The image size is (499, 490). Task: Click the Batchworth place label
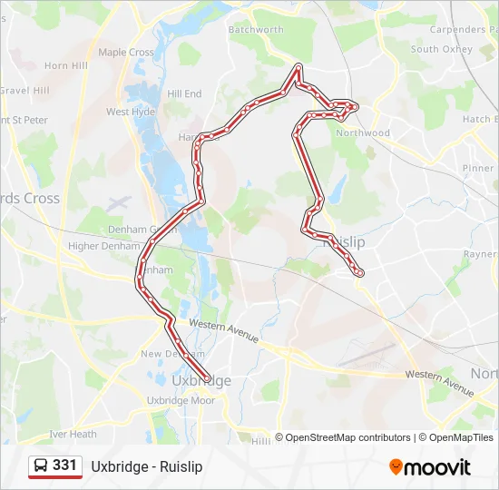tap(256, 29)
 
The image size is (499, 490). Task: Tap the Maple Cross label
tap(126, 53)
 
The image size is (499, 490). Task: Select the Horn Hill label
tap(65, 66)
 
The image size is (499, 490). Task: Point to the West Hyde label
tap(131, 112)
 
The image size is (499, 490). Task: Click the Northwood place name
tap(363, 132)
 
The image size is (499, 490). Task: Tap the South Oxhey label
tap(437, 49)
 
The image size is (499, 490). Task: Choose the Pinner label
tap(477, 168)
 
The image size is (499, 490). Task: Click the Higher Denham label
tap(98, 245)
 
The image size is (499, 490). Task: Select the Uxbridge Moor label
tap(181, 400)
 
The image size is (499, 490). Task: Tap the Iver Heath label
tap(73, 434)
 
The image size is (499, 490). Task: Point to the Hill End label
tap(185, 93)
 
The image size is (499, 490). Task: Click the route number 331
tap(64, 465)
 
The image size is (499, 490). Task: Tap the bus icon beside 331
tap(42, 466)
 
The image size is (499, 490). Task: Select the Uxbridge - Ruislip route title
tap(146, 466)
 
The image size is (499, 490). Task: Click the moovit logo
tap(430, 467)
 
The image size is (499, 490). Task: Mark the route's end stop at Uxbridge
tap(208, 378)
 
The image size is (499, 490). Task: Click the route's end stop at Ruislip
tap(360, 271)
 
